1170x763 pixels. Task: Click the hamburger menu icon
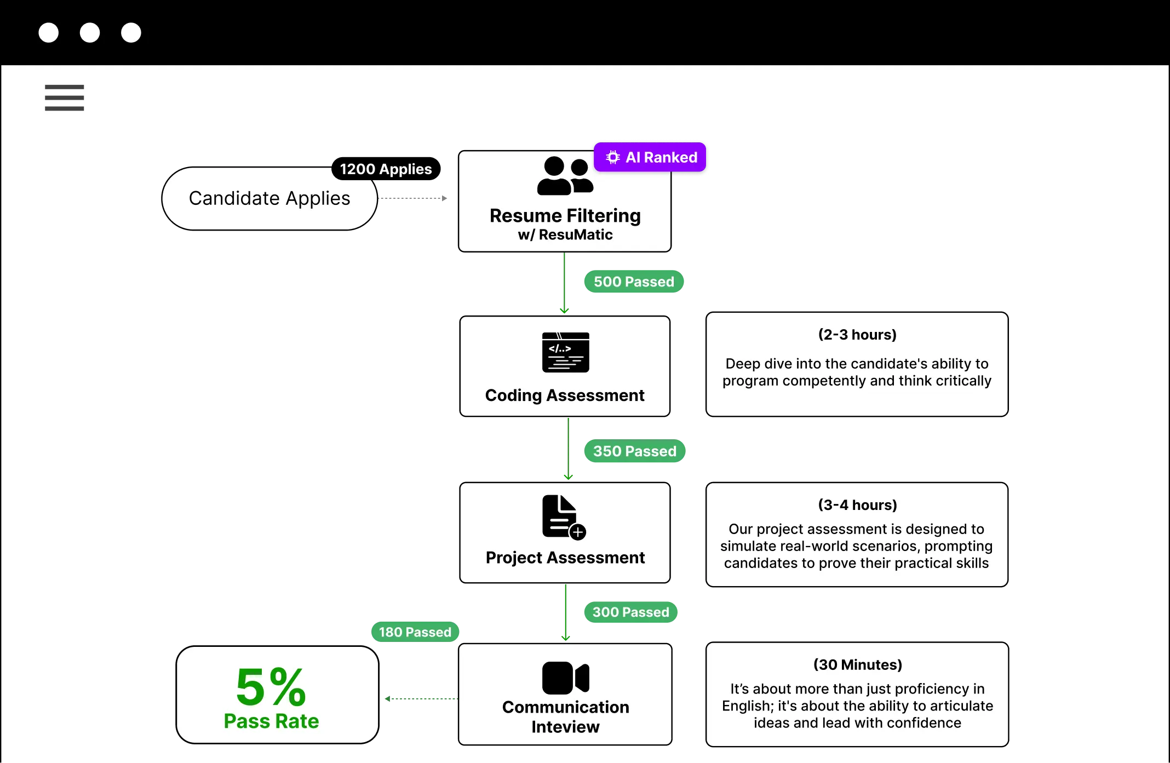coord(64,97)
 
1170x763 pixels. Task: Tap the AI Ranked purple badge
coord(651,158)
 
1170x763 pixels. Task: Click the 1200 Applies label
coord(386,169)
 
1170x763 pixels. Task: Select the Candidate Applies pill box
coord(269,198)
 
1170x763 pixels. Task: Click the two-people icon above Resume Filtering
coord(565,176)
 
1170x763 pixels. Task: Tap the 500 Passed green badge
coord(634,282)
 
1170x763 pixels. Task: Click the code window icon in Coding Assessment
coord(565,352)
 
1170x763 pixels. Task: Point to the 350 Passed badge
coord(634,451)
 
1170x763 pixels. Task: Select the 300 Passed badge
coord(630,612)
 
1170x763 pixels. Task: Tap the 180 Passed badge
coord(415,632)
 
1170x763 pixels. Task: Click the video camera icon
coord(565,678)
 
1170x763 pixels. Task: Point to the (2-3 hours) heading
coord(857,335)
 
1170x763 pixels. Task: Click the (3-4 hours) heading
coord(857,505)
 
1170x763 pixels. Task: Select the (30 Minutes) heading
coord(857,665)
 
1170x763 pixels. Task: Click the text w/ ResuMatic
coord(565,235)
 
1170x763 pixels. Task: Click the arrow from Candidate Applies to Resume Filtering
coord(415,198)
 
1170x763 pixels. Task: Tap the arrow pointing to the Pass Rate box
coord(419,698)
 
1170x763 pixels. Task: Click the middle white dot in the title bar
coord(90,33)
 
